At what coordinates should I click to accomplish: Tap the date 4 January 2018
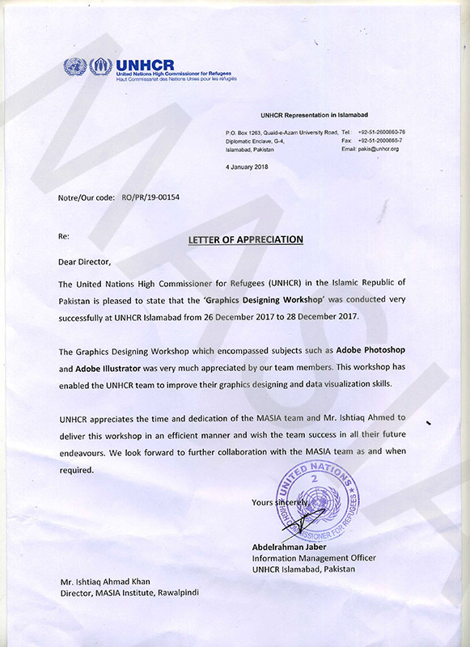[x=248, y=167]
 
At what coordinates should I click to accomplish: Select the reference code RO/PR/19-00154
[x=150, y=197]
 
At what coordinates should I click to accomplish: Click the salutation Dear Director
[x=83, y=262]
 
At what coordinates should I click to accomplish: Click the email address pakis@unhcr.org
[x=370, y=150]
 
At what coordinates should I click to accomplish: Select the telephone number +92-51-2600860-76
[x=382, y=132]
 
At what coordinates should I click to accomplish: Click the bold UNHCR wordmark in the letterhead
[x=144, y=65]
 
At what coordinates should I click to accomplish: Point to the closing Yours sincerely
[x=280, y=502]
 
